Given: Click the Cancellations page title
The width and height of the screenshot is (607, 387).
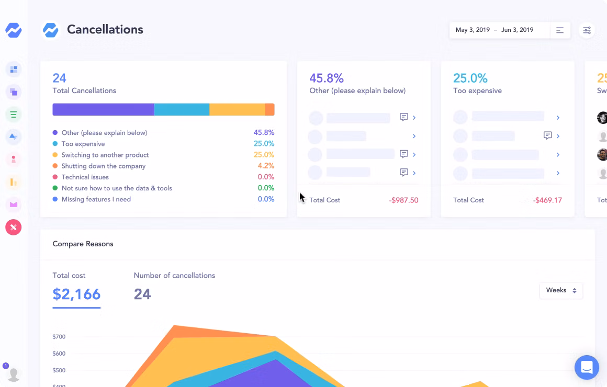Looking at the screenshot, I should (x=105, y=30).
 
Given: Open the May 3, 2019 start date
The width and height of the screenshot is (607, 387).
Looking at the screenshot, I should (x=473, y=30).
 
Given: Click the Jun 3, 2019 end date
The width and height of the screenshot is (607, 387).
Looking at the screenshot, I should (x=517, y=30).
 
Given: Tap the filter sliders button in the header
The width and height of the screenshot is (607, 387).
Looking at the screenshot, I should (x=587, y=30).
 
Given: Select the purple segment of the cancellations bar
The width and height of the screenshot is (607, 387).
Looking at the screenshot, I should (x=103, y=109).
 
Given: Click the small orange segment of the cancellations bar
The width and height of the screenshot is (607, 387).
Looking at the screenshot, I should (x=269, y=109).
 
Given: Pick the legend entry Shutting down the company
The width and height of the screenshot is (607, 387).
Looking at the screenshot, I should (x=104, y=166).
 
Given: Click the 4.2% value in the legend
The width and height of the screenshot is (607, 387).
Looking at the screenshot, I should (x=266, y=166).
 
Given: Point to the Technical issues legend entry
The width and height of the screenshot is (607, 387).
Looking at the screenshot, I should (x=85, y=177).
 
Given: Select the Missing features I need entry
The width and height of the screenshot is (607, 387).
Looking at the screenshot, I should (x=96, y=199).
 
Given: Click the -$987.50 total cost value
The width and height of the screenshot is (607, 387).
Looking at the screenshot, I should (x=403, y=200).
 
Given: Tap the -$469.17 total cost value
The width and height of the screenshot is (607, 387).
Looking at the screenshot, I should (x=547, y=200).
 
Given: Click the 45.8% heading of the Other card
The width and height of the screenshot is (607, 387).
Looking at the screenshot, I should (x=327, y=78).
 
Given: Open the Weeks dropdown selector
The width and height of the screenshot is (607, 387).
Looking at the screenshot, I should (x=561, y=291).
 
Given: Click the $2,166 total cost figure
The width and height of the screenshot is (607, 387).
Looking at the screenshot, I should (x=76, y=294).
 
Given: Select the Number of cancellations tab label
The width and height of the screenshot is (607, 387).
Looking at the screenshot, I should (x=174, y=276).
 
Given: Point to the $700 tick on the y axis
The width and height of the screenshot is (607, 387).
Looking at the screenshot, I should (x=59, y=337).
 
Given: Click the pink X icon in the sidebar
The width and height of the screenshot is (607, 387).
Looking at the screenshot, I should (x=14, y=227).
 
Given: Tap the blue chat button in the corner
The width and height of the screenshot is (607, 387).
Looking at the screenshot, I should (x=587, y=367).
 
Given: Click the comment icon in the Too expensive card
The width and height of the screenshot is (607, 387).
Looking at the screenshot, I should (x=547, y=135).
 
